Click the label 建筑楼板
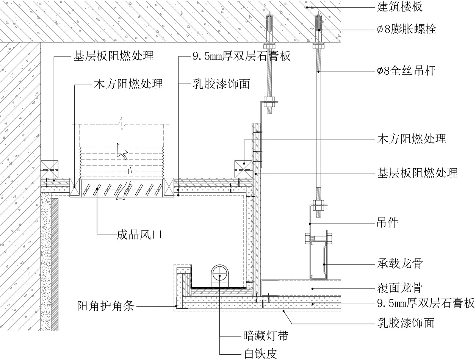[400, 6]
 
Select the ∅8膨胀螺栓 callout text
[407, 29]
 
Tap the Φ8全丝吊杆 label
[406, 70]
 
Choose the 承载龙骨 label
[400, 263]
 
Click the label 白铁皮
[260, 354]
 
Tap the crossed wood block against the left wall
[50, 167]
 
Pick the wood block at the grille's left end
[75, 187]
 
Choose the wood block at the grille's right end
[168, 187]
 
